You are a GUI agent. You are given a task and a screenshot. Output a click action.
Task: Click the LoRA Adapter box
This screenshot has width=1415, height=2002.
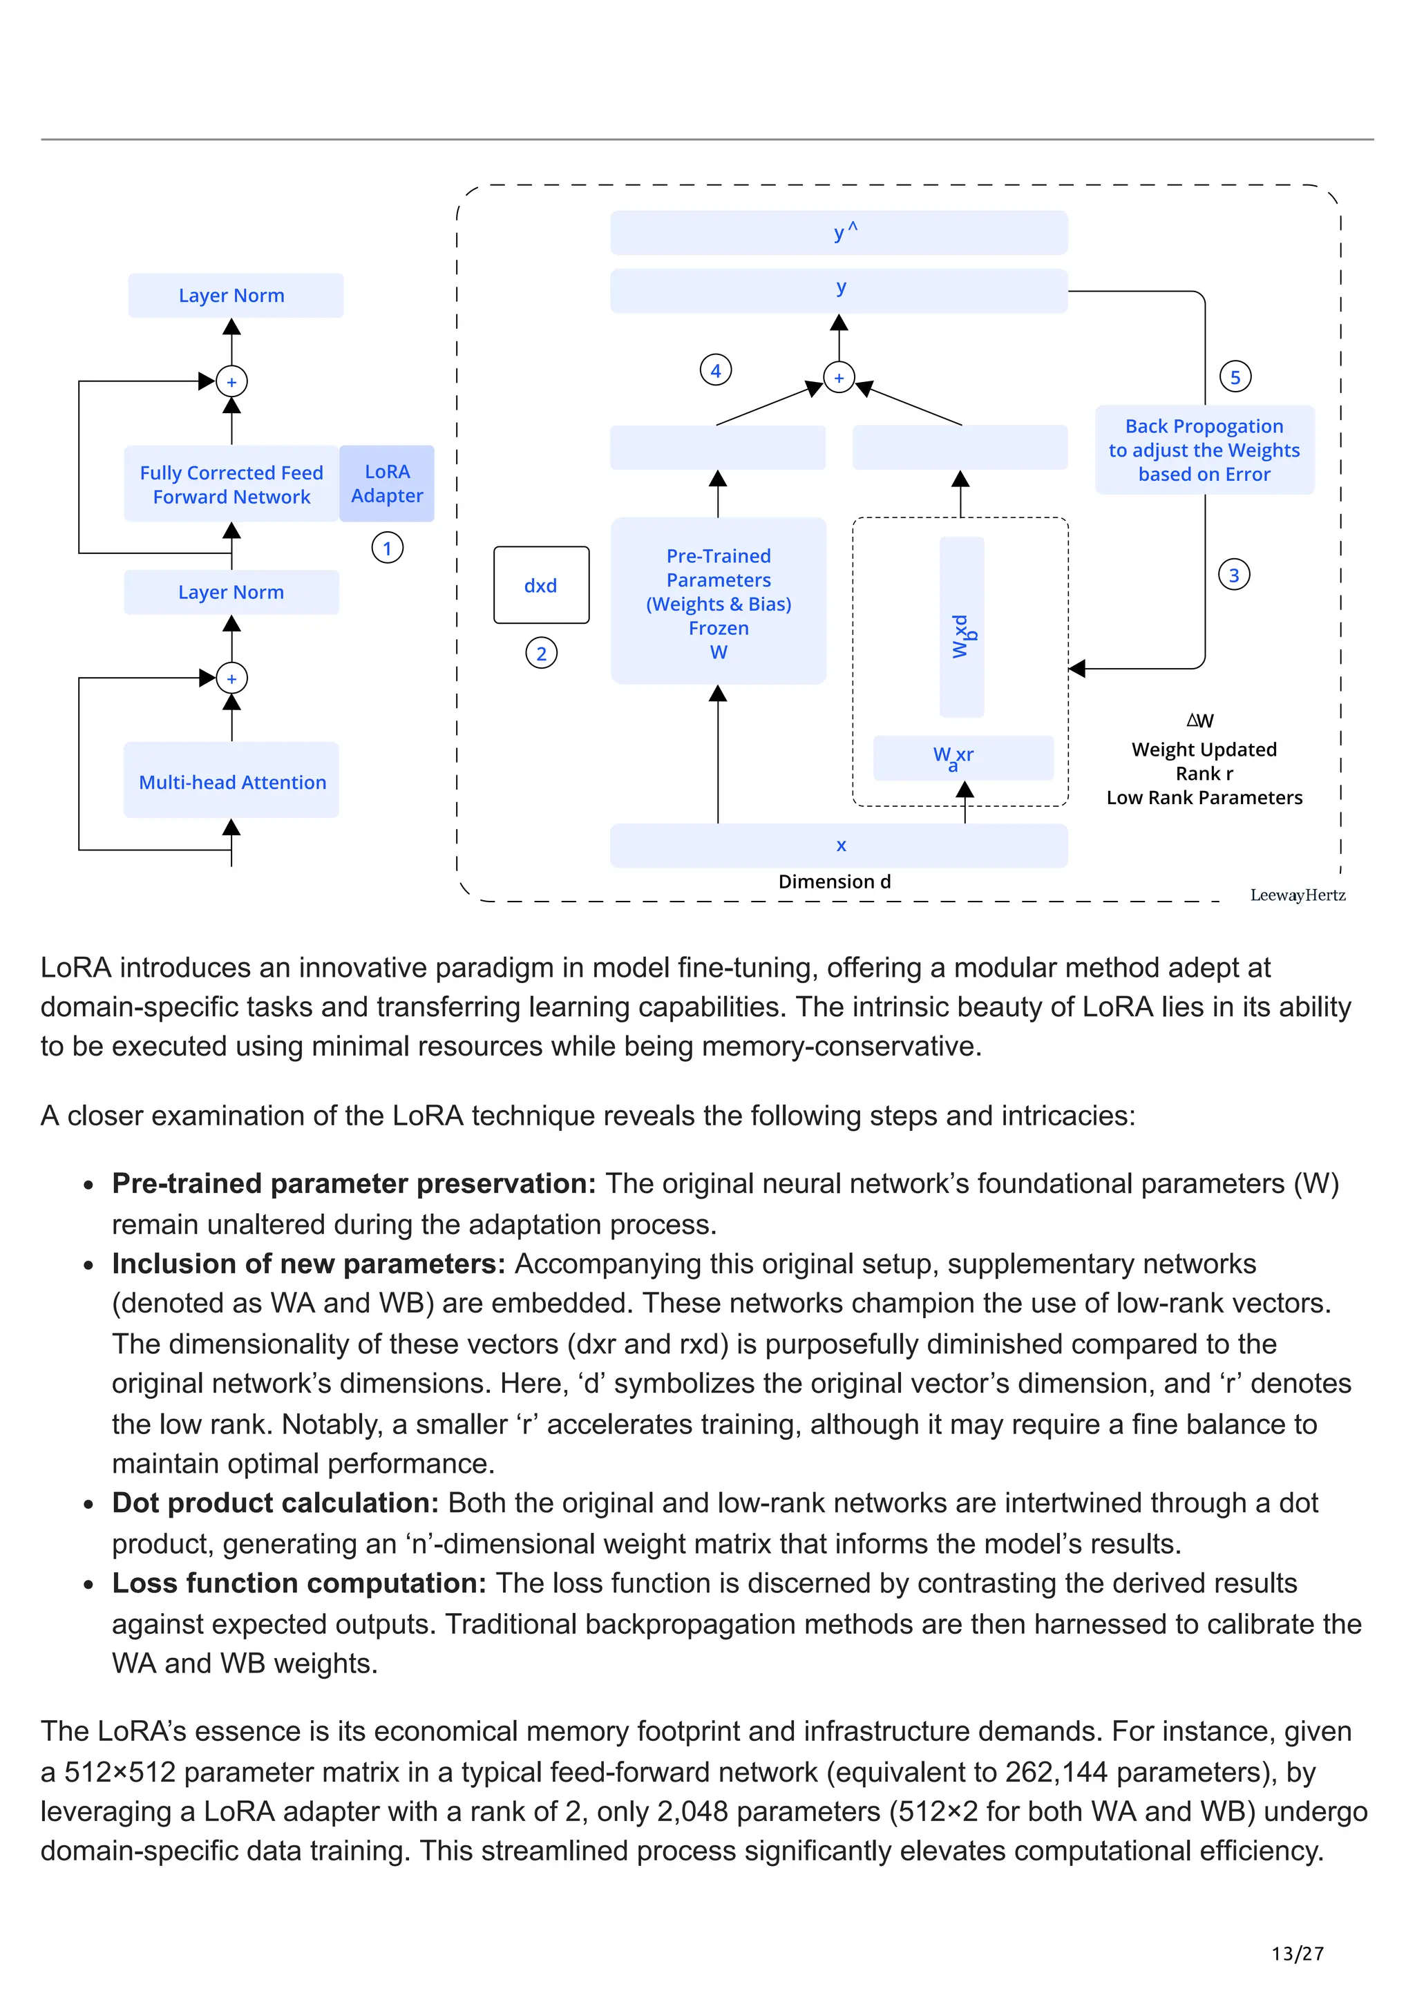pyautogui.click(x=386, y=484)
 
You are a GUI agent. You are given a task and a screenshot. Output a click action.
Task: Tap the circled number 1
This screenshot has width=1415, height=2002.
pyautogui.click(x=387, y=549)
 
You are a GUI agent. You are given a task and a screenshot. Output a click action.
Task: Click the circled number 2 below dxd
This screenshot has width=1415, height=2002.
pyautogui.click(x=542, y=653)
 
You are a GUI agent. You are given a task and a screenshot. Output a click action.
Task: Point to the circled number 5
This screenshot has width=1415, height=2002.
pyautogui.click(x=1235, y=376)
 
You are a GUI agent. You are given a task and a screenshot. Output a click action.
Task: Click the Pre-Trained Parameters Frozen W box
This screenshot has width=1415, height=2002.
pyautogui.click(x=719, y=602)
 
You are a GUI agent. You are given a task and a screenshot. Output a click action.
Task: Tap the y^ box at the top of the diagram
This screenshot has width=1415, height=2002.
pyautogui.click(x=839, y=233)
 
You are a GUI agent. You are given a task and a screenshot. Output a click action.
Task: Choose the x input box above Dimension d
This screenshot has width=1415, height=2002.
pyautogui.click(x=839, y=845)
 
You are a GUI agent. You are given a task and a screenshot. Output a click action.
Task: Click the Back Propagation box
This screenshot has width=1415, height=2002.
pyautogui.click(x=1204, y=450)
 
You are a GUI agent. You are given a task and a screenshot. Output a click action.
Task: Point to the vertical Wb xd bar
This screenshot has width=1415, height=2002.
pyautogui.click(x=962, y=628)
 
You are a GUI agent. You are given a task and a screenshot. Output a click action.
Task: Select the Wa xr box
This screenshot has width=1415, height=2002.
pyautogui.click(x=962, y=757)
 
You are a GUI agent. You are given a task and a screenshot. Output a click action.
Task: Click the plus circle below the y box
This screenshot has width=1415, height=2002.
pyautogui.click(x=839, y=378)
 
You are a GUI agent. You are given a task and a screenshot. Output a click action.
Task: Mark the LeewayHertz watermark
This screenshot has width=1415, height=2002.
pyautogui.click(x=1298, y=895)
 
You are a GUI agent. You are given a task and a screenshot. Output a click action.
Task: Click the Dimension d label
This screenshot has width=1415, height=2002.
pyautogui.click(x=835, y=881)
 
